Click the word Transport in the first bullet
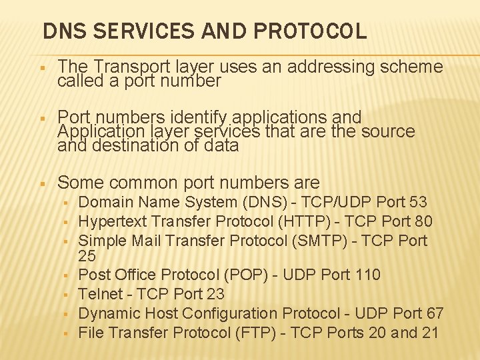point(125,67)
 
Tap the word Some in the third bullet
point(81,183)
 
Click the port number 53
point(418,202)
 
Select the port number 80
point(423,221)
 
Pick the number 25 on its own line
point(87,256)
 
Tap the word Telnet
point(101,294)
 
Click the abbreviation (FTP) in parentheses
point(251,332)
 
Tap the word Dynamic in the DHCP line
point(107,313)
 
